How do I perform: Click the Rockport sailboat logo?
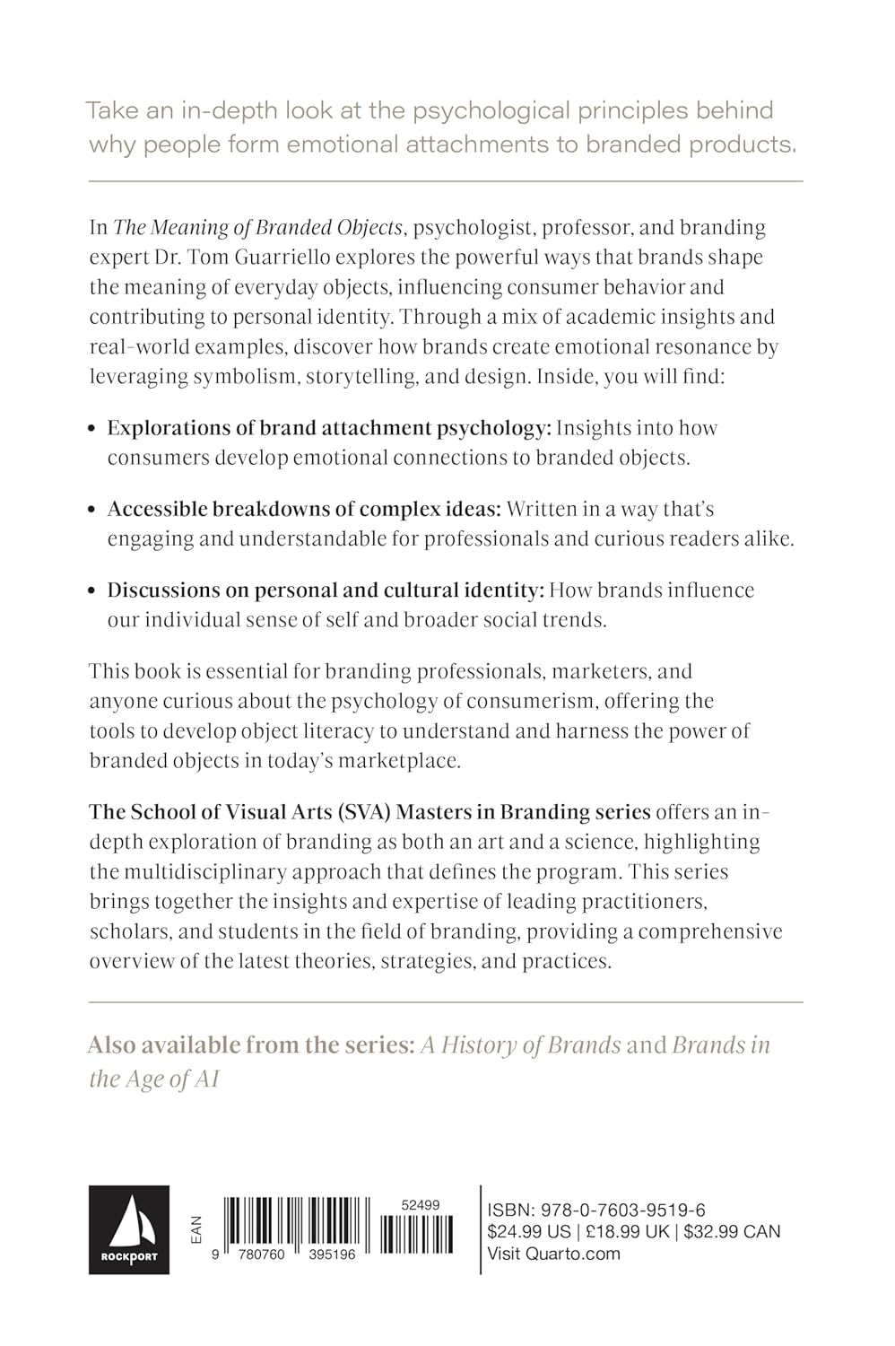(x=128, y=1229)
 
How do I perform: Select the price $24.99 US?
(x=527, y=1232)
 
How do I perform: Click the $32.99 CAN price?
(x=732, y=1232)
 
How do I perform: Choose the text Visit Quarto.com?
(x=553, y=1254)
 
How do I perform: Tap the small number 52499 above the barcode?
(x=421, y=1205)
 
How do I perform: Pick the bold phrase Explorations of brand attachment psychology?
(x=328, y=428)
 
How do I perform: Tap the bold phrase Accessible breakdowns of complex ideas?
(x=304, y=509)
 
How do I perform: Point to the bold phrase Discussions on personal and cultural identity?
(x=326, y=590)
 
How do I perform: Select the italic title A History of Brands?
(x=521, y=1045)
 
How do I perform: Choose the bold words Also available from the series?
(x=250, y=1045)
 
